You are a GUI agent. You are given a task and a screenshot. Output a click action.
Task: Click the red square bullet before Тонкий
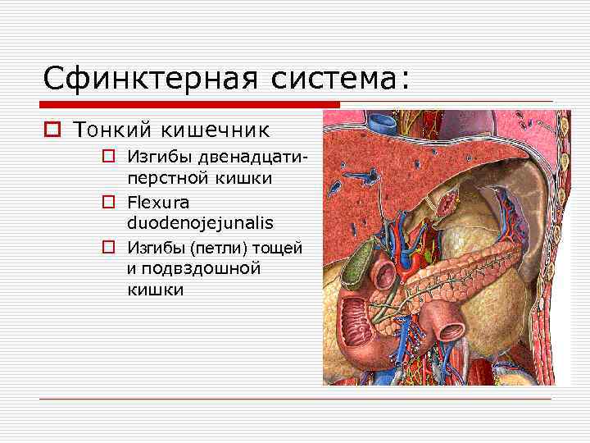(52, 130)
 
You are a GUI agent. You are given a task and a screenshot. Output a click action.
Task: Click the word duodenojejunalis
(200, 222)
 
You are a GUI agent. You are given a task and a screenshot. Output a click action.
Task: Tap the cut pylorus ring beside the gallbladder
(386, 269)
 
